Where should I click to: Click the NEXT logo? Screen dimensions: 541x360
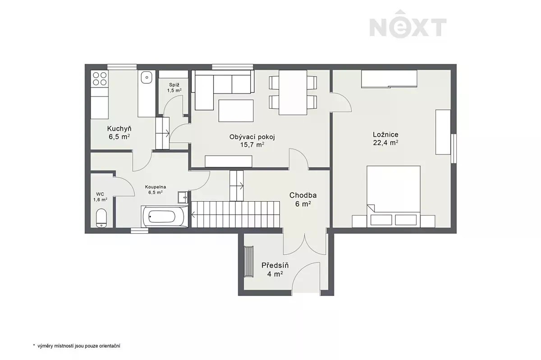tap(408, 24)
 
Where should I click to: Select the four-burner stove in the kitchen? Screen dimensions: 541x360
tap(100, 79)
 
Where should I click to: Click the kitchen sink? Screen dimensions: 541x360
tap(147, 77)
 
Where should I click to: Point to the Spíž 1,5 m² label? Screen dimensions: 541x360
tap(174, 88)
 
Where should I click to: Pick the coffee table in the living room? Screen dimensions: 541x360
tap(236, 111)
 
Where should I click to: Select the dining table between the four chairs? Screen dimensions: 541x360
tap(293, 92)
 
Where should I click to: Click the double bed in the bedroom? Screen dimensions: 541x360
tap(394, 196)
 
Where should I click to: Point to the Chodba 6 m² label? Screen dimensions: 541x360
tap(303, 199)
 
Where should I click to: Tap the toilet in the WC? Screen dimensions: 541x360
tap(101, 218)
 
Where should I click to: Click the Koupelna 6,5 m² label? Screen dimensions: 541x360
tap(155, 189)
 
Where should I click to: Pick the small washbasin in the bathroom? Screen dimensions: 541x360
tap(183, 197)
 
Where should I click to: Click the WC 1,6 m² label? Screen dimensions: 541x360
tap(100, 197)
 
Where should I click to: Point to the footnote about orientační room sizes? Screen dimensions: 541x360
tap(77, 346)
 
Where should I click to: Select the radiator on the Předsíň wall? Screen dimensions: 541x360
tap(248, 262)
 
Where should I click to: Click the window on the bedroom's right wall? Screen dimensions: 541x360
tap(454, 148)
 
